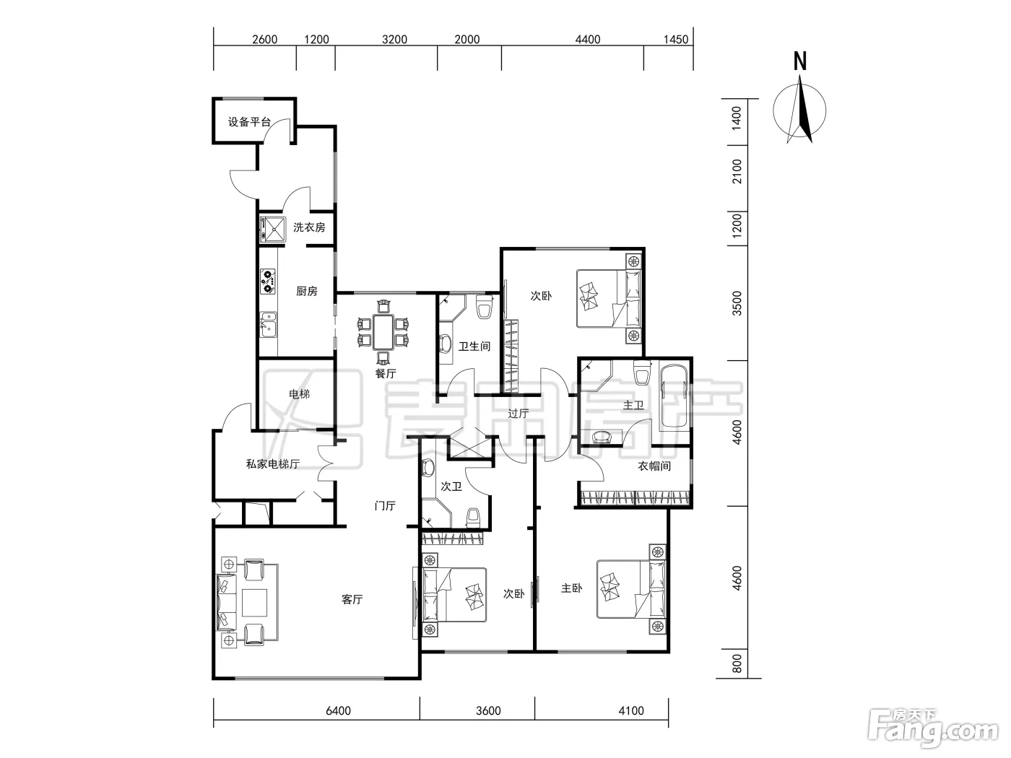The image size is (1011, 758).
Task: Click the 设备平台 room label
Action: click(249, 122)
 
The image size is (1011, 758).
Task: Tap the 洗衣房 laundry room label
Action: click(309, 227)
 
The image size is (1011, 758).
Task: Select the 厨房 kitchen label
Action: click(307, 291)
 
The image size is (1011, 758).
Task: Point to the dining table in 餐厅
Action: click(383, 332)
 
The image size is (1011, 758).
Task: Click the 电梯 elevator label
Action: click(300, 394)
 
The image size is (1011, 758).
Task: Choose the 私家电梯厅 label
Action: click(273, 464)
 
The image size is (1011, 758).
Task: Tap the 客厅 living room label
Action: click(352, 599)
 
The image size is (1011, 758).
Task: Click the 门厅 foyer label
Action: click(385, 506)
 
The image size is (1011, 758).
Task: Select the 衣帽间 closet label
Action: click(654, 466)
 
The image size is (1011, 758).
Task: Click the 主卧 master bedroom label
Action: click(572, 588)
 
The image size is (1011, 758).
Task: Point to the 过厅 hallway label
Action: click(518, 414)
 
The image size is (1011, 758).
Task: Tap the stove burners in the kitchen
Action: click(268, 282)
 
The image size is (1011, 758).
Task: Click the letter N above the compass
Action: click(800, 61)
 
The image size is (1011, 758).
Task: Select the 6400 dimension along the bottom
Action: click(339, 710)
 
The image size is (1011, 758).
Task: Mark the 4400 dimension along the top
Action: click(588, 39)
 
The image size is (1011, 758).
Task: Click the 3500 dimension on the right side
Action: click(737, 303)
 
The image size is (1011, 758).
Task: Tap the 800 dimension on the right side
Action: click(737, 663)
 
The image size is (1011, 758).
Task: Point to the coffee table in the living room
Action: click(254, 603)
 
